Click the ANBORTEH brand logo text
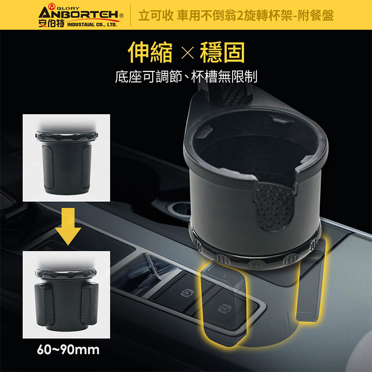click(78, 15)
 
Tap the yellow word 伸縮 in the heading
click(150, 52)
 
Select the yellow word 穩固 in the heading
click(222, 52)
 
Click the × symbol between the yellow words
click(187, 53)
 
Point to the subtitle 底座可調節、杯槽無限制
click(186, 76)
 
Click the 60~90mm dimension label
click(68, 350)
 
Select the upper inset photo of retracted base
click(66, 158)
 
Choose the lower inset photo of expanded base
click(66, 295)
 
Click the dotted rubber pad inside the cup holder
click(275, 206)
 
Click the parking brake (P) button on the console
click(187, 294)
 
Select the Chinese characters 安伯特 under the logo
click(51, 24)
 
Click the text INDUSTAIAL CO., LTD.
click(92, 25)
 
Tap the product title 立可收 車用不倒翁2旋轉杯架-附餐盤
click(236, 15)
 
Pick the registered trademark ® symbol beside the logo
click(122, 16)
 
